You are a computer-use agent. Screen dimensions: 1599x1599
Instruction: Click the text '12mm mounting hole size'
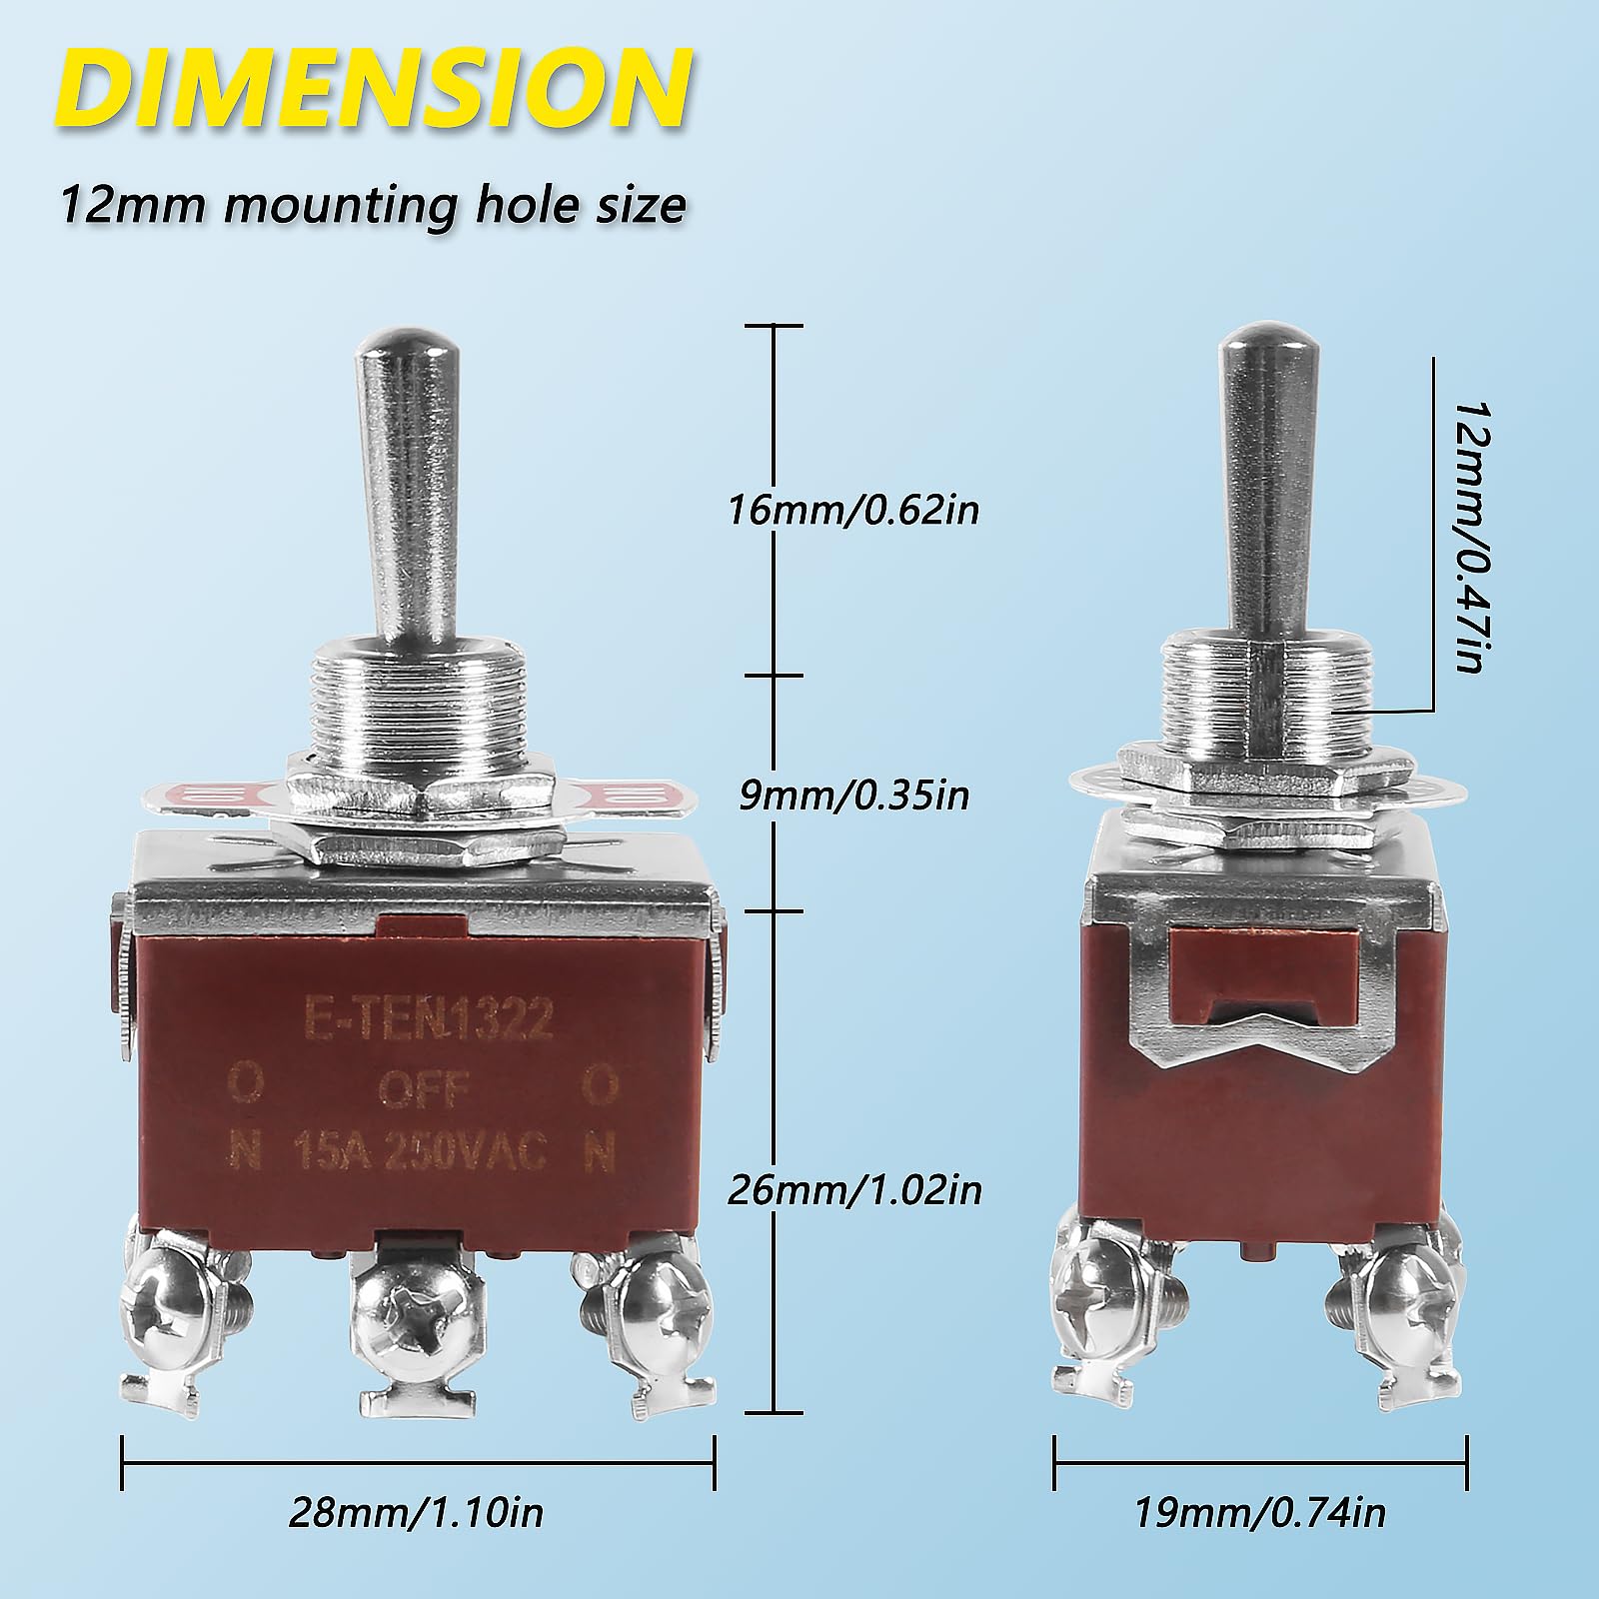[373, 205]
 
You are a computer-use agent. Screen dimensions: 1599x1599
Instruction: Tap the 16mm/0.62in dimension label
[852, 510]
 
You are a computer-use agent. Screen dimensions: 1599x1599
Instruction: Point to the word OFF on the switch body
[423, 1088]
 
